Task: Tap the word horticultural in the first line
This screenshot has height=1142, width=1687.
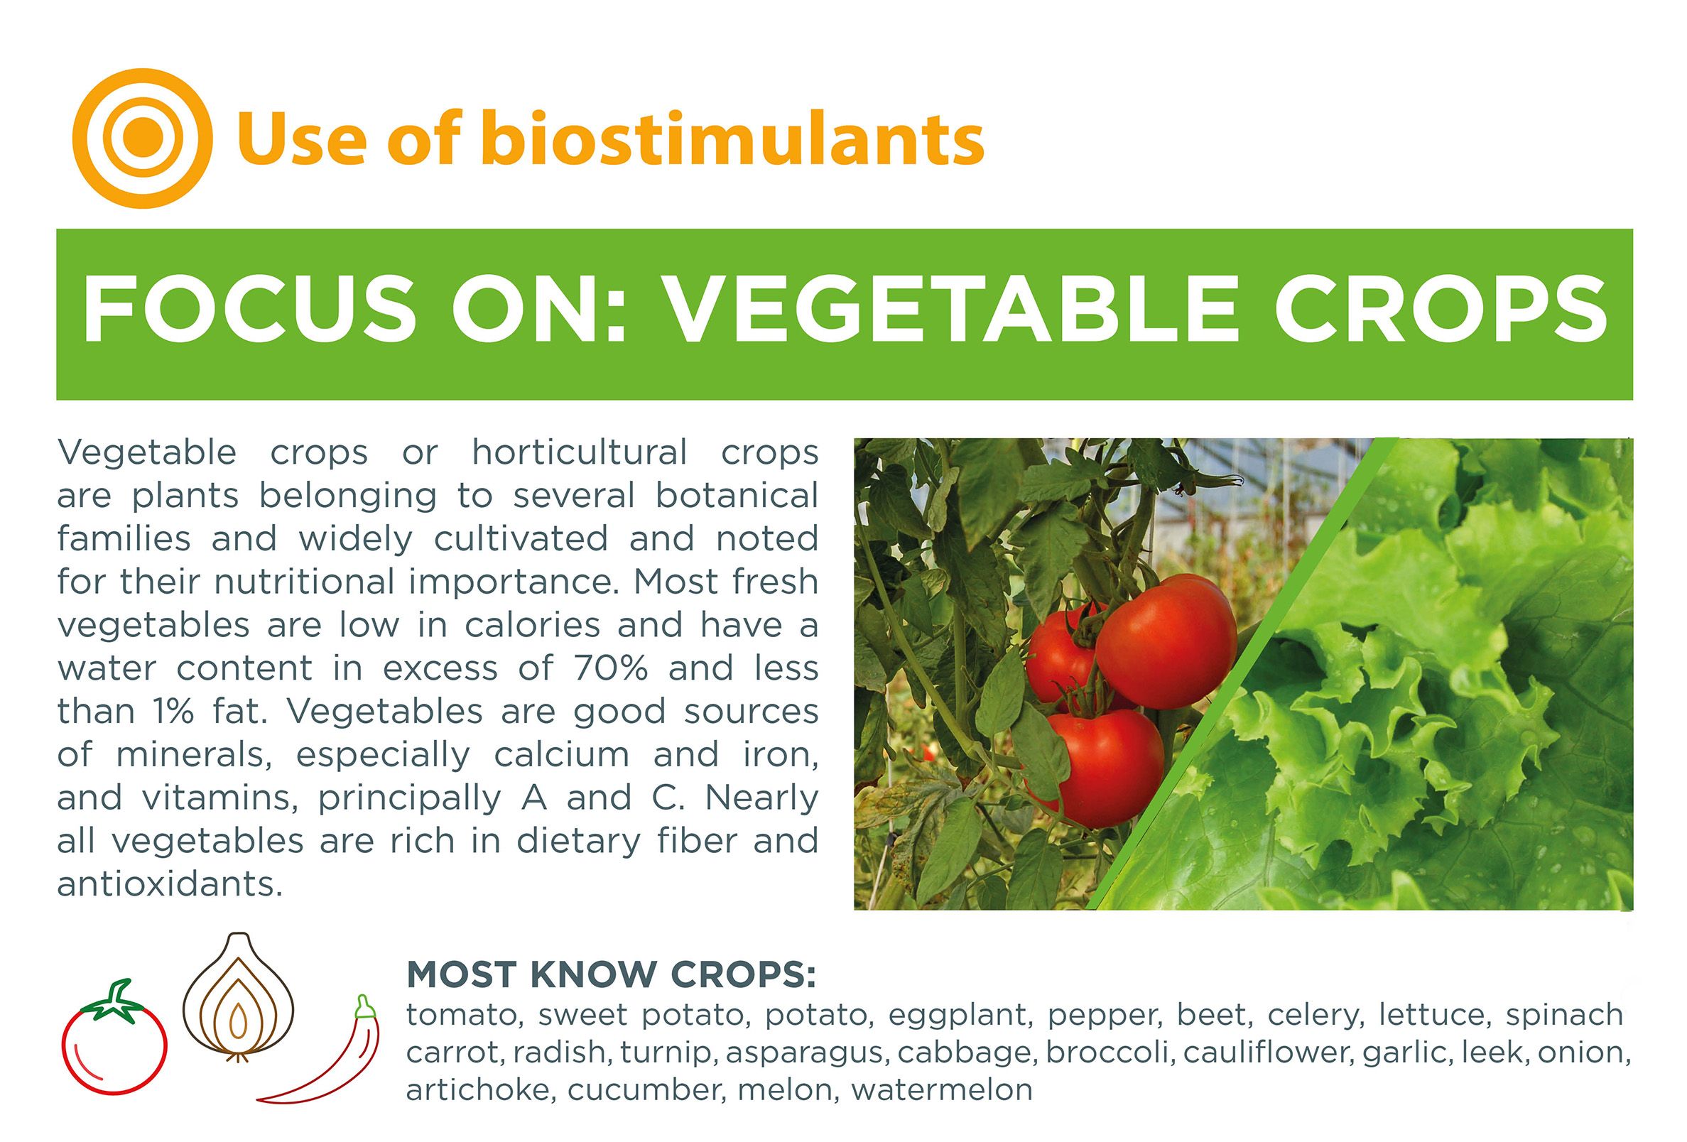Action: click(x=580, y=452)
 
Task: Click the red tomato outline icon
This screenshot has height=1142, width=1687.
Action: click(x=114, y=1042)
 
